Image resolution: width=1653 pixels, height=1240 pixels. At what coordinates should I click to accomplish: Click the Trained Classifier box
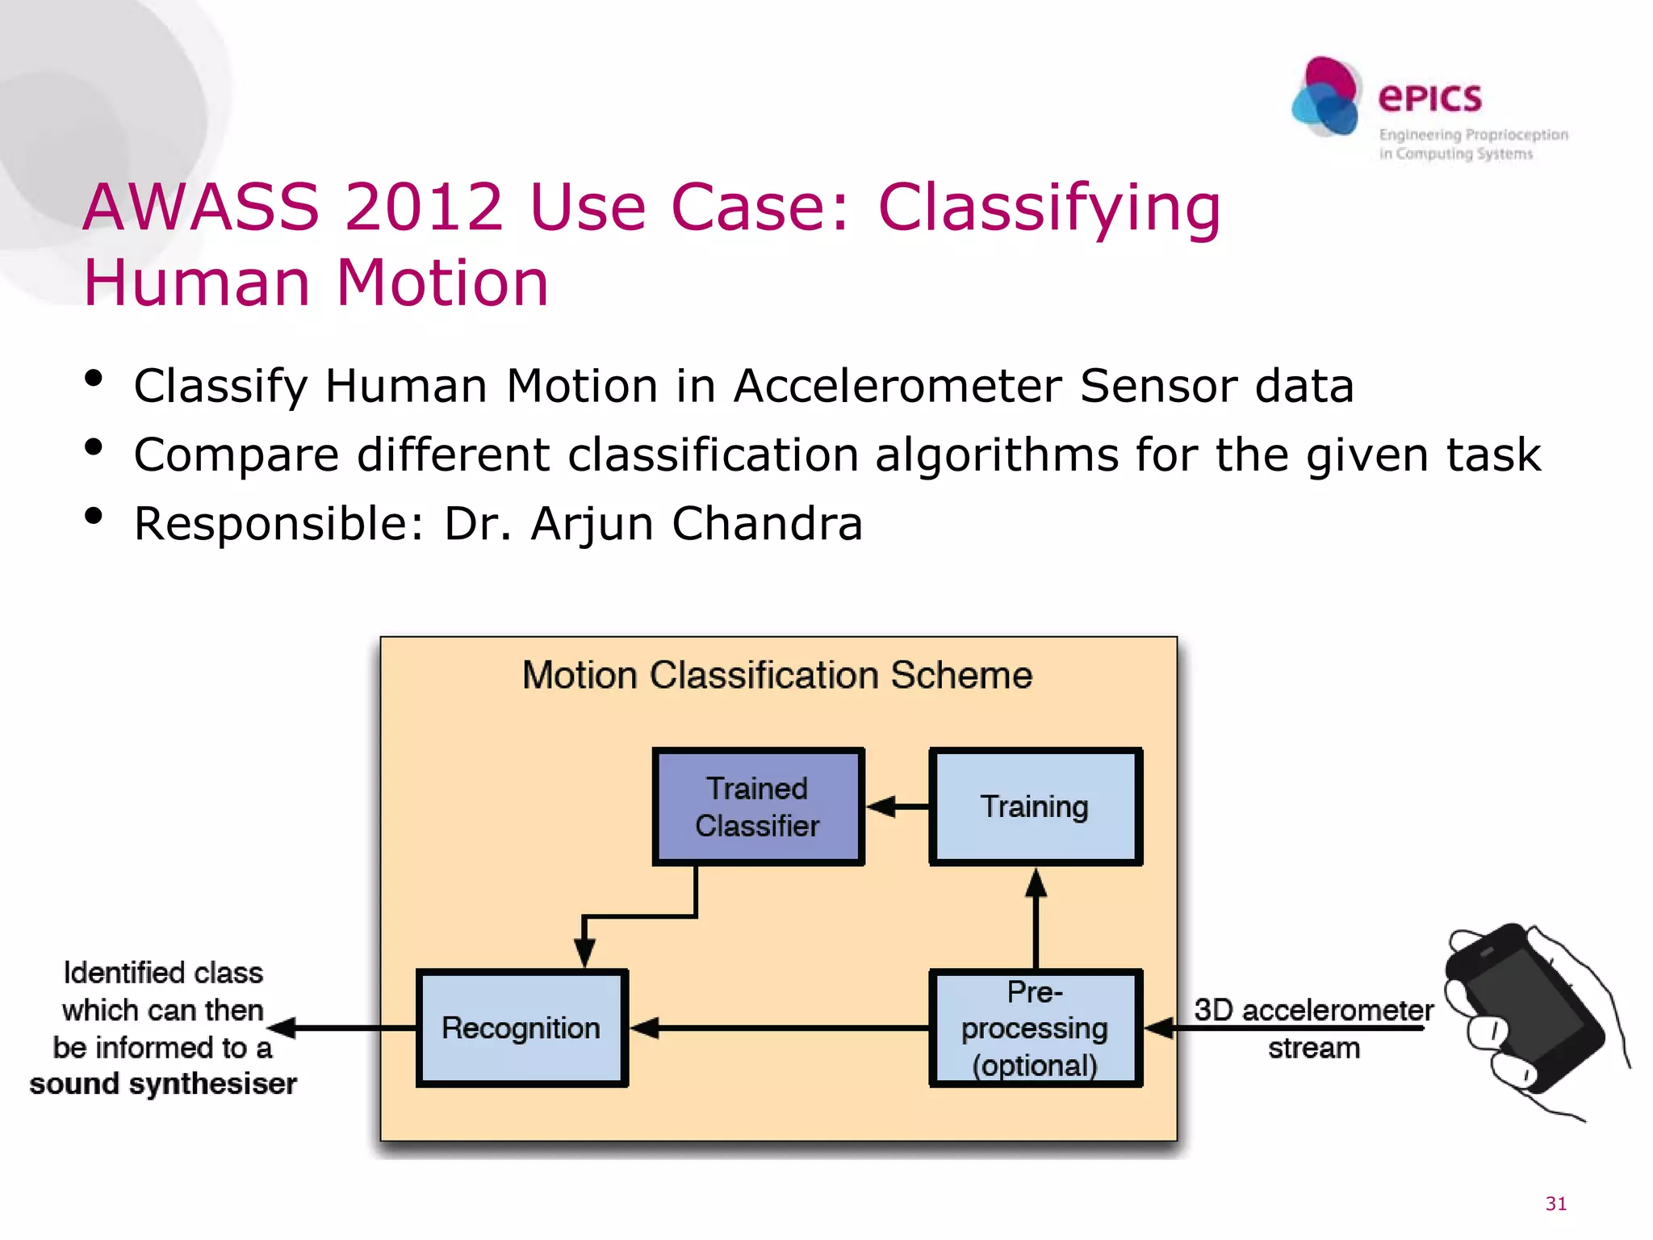point(758,806)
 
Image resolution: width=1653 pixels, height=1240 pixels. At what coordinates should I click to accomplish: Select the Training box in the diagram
point(1035,806)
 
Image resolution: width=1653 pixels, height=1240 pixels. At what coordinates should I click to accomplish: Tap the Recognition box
point(521,1028)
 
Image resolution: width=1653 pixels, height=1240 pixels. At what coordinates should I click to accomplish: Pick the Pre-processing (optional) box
point(1035,1028)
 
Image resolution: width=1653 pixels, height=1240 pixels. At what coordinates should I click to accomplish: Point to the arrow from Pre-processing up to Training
point(1036,920)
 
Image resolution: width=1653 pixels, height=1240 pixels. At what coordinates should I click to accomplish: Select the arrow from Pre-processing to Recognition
point(779,1028)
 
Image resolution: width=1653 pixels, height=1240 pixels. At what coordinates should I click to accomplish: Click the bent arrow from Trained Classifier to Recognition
point(638,917)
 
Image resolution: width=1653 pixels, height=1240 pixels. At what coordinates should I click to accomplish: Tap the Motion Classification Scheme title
point(777,675)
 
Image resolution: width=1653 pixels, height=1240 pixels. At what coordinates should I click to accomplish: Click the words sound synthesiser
point(163,1083)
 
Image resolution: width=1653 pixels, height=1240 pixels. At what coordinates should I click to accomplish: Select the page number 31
point(1555,1203)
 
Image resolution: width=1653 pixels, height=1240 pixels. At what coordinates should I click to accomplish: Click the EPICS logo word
point(1429,98)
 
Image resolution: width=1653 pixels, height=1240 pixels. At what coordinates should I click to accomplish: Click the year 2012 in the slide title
point(424,207)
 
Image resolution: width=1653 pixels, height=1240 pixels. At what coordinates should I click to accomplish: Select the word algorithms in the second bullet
point(997,455)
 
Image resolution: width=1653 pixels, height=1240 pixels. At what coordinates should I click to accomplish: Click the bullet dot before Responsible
point(94,516)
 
